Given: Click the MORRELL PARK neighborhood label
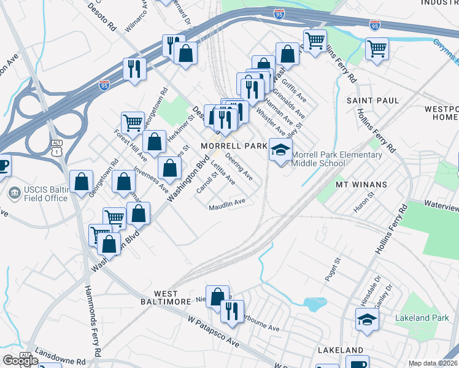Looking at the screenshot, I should tap(234, 146).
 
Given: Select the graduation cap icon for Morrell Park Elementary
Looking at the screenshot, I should tap(281, 149).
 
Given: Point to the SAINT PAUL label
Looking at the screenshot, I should tap(372, 100).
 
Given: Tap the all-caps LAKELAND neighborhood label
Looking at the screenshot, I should tap(341, 350).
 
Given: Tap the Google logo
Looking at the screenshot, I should tap(20, 361).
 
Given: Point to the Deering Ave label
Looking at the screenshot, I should tap(239, 166).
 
